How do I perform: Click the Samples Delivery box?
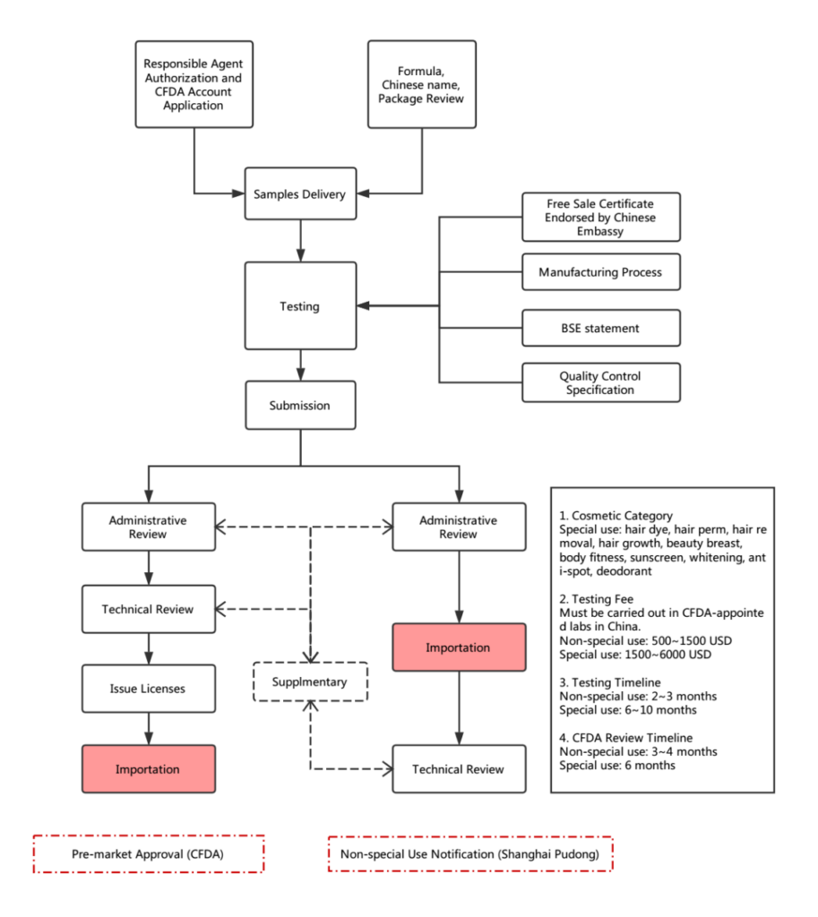pos(300,193)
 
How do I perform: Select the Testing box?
pos(300,306)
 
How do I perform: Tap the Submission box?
pos(300,406)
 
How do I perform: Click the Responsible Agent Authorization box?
pos(194,84)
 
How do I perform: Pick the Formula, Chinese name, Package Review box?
pos(422,84)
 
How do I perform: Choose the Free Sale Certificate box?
pos(601,217)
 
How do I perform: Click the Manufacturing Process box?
pos(601,272)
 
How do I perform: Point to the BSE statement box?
pos(601,328)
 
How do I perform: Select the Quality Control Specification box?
pos(601,382)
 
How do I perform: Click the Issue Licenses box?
pos(149,689)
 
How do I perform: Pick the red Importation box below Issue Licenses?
pos(149,769)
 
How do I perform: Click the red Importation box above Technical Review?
pos(459,647)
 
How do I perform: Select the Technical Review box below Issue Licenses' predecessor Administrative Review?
pos(149,609)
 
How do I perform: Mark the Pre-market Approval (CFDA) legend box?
pos(149,853)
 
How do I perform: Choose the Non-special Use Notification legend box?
pos(470,853)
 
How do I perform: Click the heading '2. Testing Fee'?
pos(596,599)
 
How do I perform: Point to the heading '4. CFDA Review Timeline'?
pos(625,738)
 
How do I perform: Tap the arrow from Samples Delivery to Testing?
pos(301,240)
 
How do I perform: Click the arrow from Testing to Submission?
pos(301,365)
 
